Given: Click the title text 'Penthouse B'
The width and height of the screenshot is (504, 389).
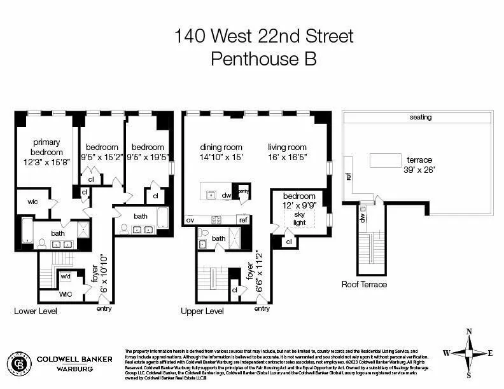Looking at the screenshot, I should [x=263, y=59].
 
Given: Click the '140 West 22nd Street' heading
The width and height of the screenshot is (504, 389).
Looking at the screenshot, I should [x=263, y=36].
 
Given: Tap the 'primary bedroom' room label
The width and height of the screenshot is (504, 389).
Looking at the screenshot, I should [x=48, y=147].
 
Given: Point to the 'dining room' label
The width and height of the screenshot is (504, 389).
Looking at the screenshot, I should [x=221, y=147].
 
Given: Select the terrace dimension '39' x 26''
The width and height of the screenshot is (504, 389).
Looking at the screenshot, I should [x=417, y=170].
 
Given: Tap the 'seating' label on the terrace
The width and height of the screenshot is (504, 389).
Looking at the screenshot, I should [x=421, y=117].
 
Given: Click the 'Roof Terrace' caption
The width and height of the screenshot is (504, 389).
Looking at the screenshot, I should [x=364, y=284].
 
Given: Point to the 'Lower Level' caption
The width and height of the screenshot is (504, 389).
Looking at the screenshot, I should [x=36, y=311].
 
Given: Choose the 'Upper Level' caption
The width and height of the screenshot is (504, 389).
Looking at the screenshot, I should [x=202, y=311].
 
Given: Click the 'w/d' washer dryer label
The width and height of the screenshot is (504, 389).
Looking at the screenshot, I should [x=65, y=276].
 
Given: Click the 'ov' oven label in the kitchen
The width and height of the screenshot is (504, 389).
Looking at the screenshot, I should [x=190, y=220].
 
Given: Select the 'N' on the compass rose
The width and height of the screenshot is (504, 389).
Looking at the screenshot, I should [x=469, y=331].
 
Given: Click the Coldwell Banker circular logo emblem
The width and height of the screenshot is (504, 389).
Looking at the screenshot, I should [x=19, y=363].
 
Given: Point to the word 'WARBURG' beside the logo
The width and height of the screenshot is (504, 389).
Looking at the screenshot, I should [x=66, y=368].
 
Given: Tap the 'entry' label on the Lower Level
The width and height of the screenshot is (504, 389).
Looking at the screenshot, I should [x=104, y=309].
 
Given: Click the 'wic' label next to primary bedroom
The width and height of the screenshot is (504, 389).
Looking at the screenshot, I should [x=33, y=201].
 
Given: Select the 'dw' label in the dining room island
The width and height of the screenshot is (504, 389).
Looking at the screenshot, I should [x=226, y=196].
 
